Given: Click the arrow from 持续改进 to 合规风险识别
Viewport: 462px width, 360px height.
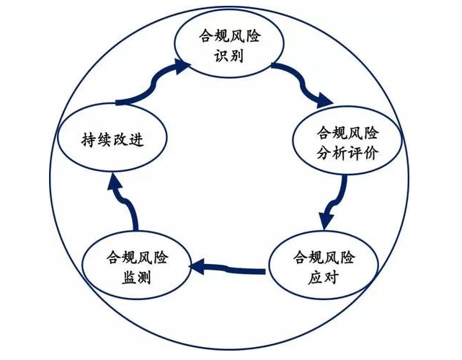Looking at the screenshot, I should (148, 87).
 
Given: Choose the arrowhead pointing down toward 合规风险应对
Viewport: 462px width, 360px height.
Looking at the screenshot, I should (327, 216).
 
